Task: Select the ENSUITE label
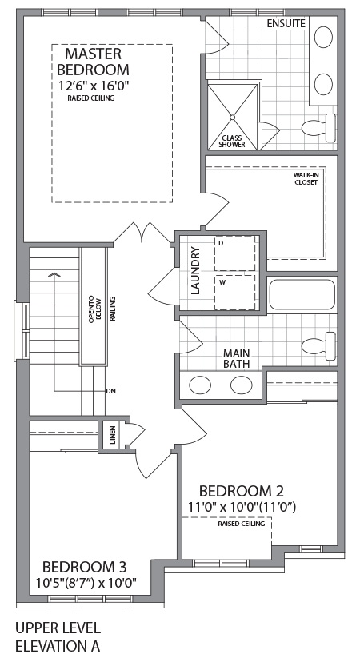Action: coord(286,23)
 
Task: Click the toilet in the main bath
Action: coord(319,345)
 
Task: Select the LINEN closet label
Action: coord(112,436)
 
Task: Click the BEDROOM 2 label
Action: coord(241,490)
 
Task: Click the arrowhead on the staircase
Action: coord(54,277)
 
